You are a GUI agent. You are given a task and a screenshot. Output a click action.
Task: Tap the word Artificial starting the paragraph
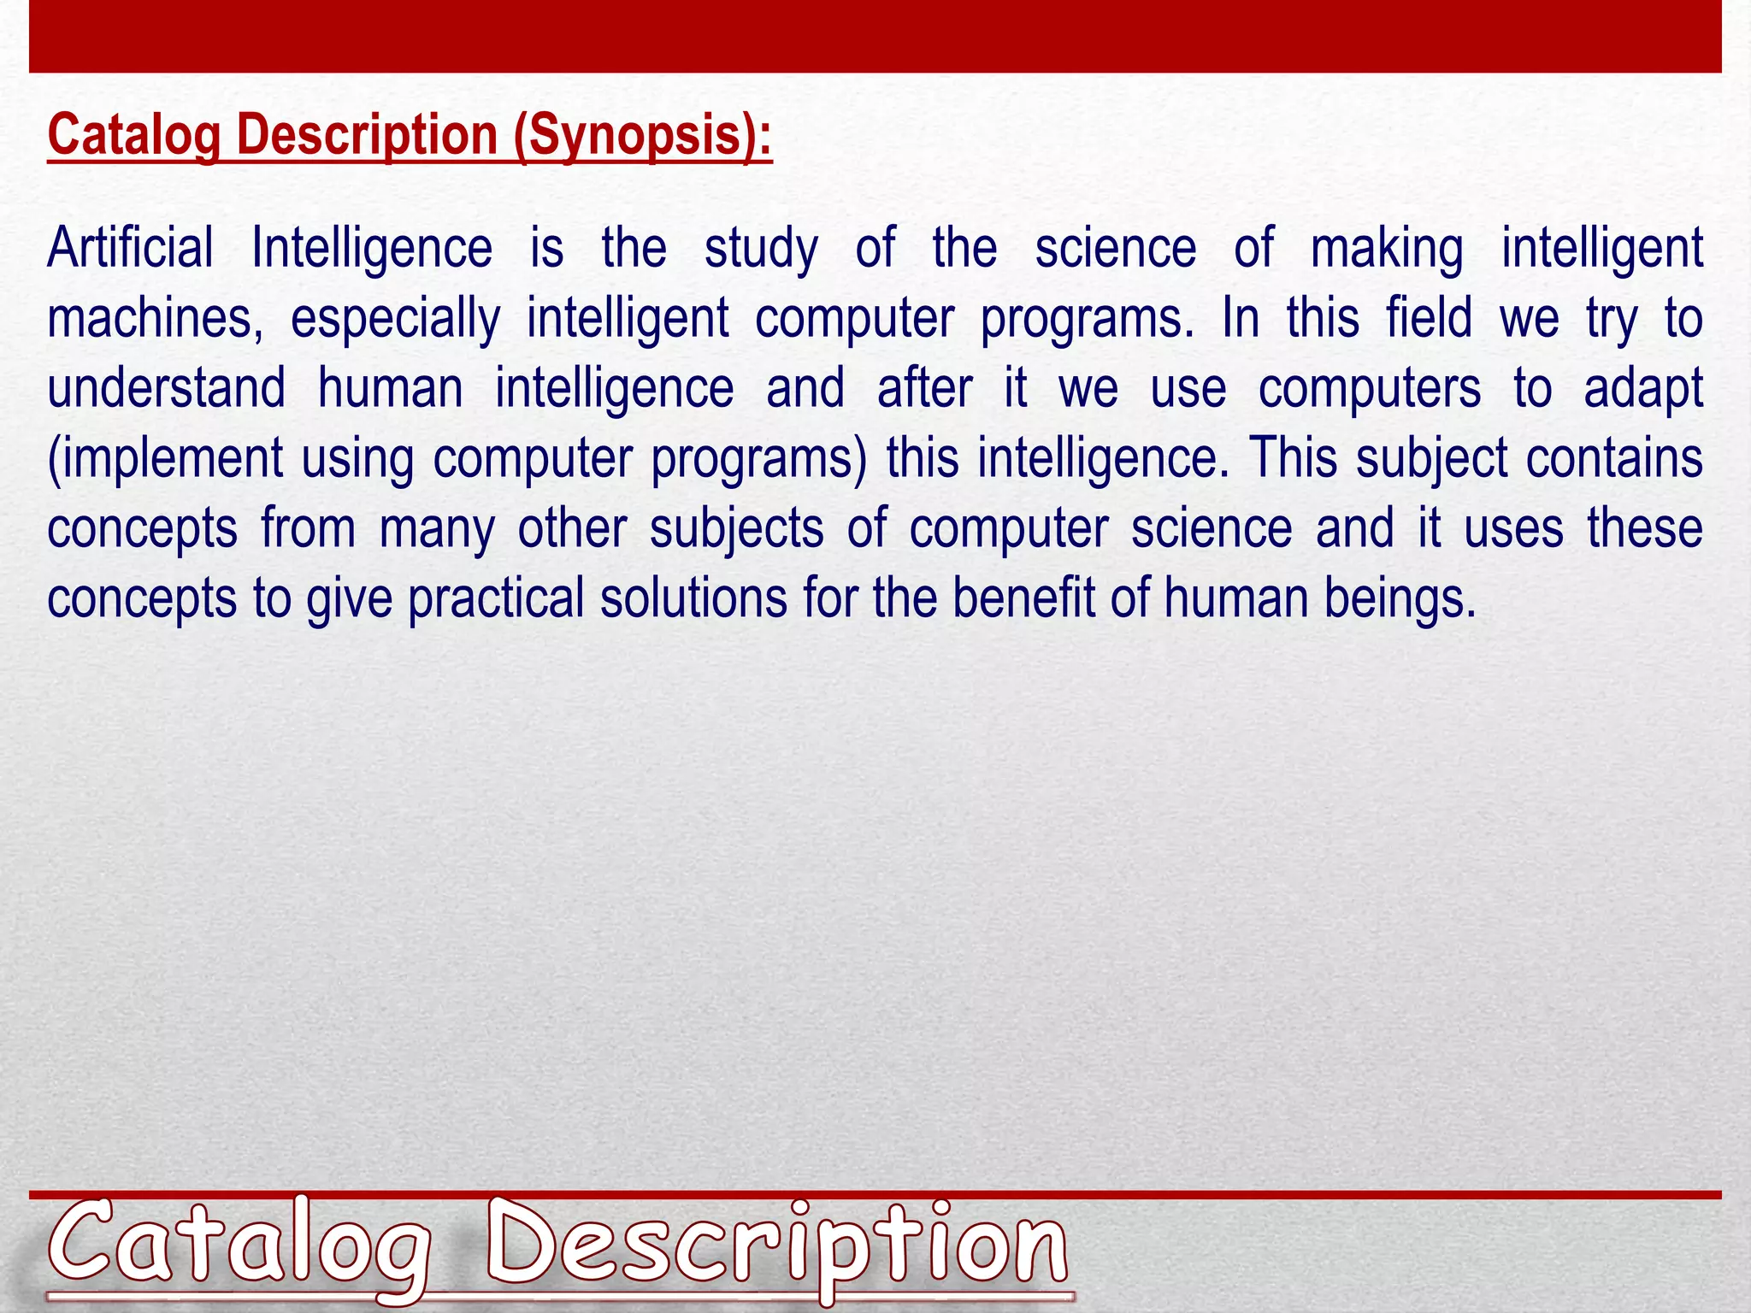point(130,248)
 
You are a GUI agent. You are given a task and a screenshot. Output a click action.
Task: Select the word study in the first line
point(760,250)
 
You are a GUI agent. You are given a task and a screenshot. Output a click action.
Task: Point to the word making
point(1387,250)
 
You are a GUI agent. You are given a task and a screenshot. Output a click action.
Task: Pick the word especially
point(395,319)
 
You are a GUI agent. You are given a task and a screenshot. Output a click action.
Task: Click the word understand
point(166,388)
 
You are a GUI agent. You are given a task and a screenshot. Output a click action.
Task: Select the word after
point(924,388)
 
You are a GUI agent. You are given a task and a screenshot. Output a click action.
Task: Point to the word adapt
point(1643,390)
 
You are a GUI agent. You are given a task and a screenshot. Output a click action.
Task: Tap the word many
point(437,529)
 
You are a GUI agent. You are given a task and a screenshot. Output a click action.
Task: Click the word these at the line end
point(1645,527)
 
